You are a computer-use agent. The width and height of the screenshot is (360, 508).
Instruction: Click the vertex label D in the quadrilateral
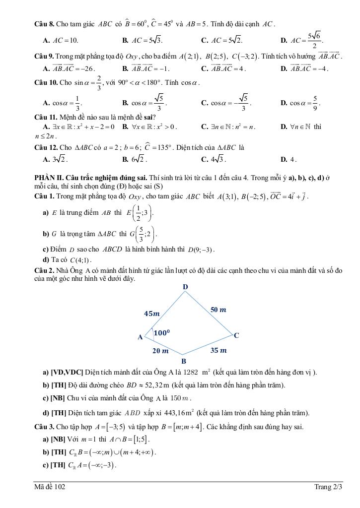[185, 287]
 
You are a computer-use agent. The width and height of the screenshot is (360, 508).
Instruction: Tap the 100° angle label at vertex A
[161, 333]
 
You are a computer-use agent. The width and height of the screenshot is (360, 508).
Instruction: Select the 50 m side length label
[218, 310]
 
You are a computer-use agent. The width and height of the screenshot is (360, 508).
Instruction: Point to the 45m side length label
[152, 314]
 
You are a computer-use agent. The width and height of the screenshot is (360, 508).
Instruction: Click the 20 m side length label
[160, 351]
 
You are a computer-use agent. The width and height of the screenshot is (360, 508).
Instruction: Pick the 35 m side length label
[218, 350]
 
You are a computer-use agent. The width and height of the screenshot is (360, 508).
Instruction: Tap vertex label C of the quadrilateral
[236, 335]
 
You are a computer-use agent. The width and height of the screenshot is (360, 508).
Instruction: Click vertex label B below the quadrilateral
[183, 361]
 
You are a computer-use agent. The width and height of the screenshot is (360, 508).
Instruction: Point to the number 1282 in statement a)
[191, 372]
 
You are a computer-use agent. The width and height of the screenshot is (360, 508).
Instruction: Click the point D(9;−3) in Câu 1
[201, 249]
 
